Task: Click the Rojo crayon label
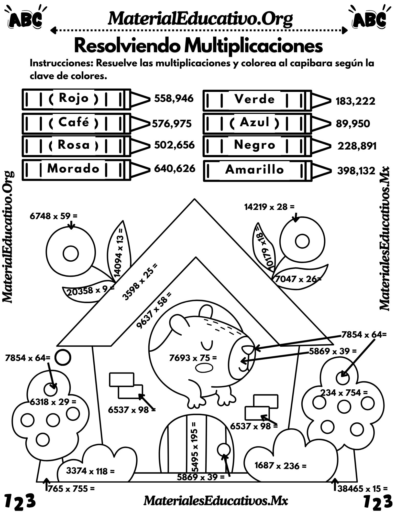click(x=74, y=98)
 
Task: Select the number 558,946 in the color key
click(x=174, y=99)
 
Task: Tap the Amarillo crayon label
click(x=255, y=170)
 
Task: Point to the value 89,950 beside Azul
click(x=353, y=124)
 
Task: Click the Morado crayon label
click(x=73, y=168)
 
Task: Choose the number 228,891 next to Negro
click(x=357, y=146)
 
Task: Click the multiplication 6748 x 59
click(x=53, y=216)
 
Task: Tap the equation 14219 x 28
click(x=269, y=207)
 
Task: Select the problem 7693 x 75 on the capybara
click(x=193, y=358)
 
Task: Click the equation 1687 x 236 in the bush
click(x=280, y=465)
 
